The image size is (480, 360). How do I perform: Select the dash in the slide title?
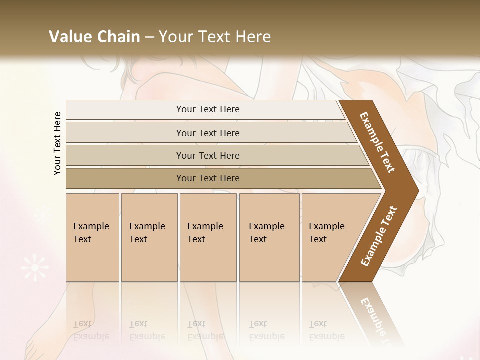coord(149,37)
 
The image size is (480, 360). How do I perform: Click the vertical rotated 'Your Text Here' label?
coord(57,143)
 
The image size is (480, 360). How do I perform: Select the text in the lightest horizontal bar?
coord(208,109)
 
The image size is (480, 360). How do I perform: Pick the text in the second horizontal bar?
coord(208,133)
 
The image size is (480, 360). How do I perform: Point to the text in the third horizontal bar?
coord(208,156)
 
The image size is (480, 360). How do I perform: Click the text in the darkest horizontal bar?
coord(208,178)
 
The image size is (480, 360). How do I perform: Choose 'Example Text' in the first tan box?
coord(91,233)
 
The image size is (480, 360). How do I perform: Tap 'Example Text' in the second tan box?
coord(147,233)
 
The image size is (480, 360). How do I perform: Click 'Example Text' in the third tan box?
coord(205,233)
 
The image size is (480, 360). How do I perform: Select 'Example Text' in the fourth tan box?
coord(266,233)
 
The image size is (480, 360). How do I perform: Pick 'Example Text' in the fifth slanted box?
coord(326,233)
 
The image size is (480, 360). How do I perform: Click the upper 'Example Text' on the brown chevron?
coord(378,142)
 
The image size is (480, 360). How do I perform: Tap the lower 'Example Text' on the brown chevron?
coord(379,236)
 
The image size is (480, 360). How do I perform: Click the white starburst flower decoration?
coord(35,267)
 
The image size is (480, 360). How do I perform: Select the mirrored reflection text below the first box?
coord(91,330)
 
